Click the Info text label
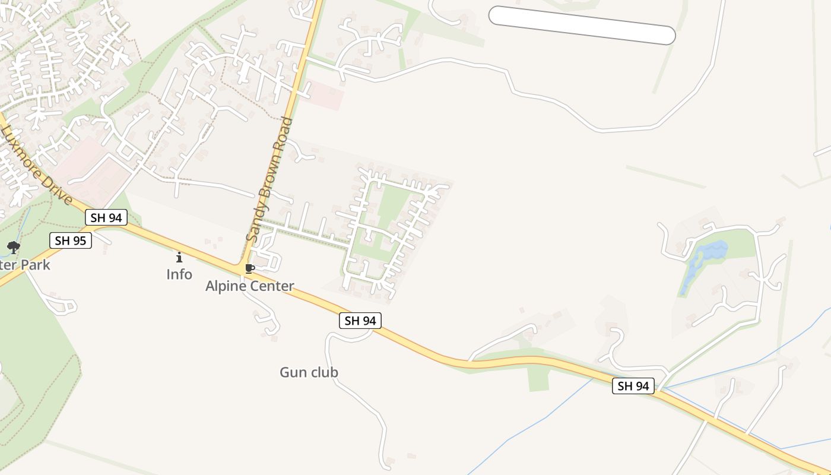point(179,274)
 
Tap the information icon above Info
point(179,257)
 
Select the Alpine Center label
point(249,286)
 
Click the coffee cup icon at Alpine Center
point(250,269)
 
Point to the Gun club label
point(309,372)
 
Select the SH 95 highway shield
point(71,240)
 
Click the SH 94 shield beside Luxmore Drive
point(107,218)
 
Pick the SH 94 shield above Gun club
point(360,321)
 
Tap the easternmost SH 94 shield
point(633,386)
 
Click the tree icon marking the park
point(14,247)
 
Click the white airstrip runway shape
point(582,25)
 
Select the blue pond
point(706,255)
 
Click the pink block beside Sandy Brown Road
point(324,95)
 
